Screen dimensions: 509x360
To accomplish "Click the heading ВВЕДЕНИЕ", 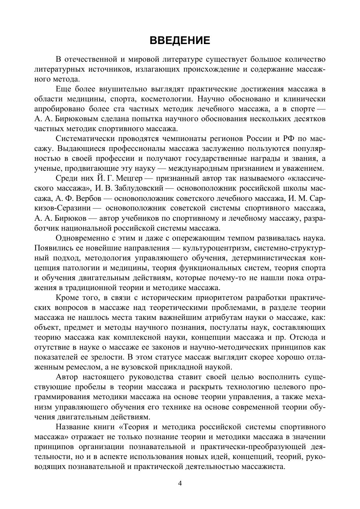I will point(180,40).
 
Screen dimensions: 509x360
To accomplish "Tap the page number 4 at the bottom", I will point(180,483).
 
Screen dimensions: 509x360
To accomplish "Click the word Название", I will point(73,427).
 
